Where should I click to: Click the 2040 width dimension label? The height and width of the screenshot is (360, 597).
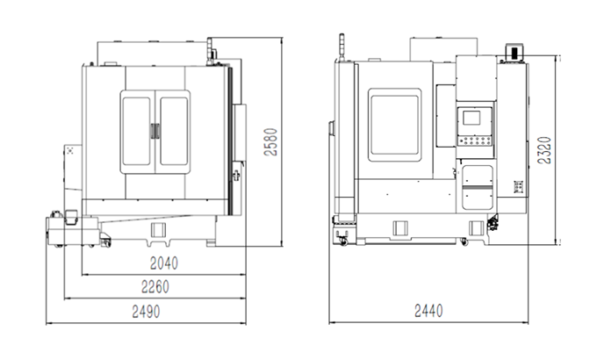pos(163,263)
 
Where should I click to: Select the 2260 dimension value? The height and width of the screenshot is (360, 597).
pos(155,287)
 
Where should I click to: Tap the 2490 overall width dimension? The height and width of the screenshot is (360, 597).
pos(146,312)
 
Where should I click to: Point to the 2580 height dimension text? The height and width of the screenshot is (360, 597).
pos(270,141)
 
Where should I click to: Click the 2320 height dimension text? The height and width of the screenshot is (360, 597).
pos(544,150)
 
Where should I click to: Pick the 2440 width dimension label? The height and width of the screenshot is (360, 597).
pos(428,311)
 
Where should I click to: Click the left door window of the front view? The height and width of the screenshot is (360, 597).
pos(136,132)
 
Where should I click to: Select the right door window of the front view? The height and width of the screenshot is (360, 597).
pos(174,132)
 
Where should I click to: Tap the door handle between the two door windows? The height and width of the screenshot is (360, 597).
pos(155,131)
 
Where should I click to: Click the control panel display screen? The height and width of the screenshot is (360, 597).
pos(471,118)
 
